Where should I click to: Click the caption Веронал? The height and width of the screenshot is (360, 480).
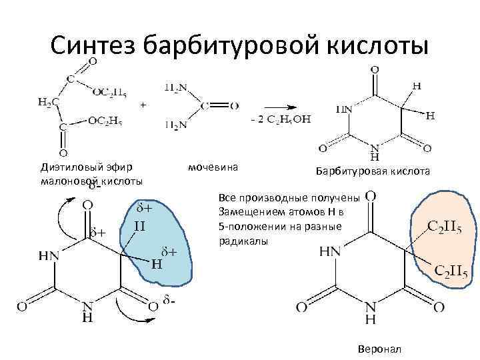[x=379, y=349]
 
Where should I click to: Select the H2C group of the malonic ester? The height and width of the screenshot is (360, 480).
[x=47, y=102]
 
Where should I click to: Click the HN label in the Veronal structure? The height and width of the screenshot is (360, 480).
[x=331, y=251]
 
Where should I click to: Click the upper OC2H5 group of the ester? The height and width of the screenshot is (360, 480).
[x=108, y=93]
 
